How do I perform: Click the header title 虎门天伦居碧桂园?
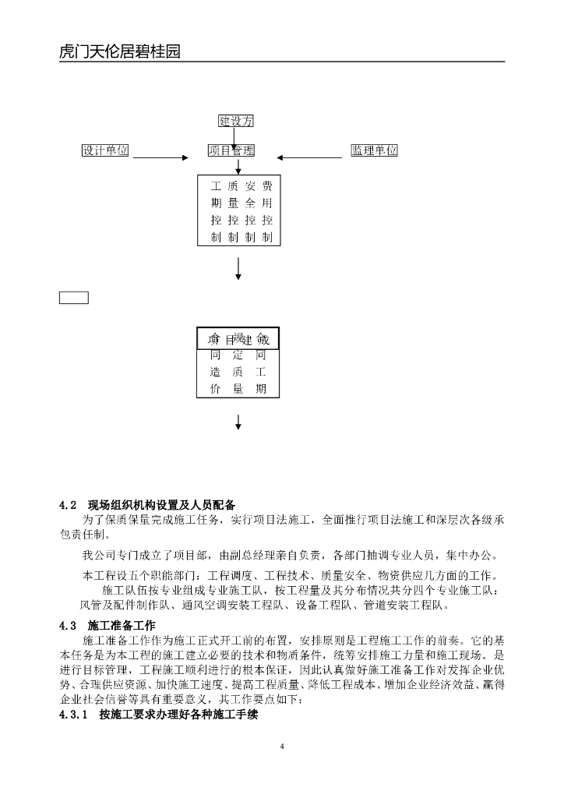pos(120,52)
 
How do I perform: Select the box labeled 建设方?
pos(235,121)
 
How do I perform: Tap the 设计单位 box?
pos(105,150)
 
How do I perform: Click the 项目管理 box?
pos(231,150)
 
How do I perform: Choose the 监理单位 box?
pos(374,150)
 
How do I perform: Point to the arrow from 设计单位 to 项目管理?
pos(159,157)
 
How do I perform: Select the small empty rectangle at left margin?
pos(74,297)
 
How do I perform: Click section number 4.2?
pos(68,503)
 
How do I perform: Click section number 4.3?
pos(68,625)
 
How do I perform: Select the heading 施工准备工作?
pos(122,625)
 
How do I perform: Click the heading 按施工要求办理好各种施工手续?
pos(178,714)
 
